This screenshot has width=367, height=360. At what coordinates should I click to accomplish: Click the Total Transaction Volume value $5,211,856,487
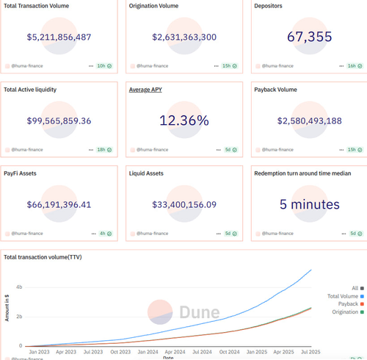click(x=59, y=37)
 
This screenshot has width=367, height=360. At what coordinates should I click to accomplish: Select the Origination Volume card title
click(x=153, y=6)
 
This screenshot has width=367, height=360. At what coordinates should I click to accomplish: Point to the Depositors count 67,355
click(x=310, y=37)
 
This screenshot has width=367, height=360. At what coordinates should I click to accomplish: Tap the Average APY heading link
click(x=145, y=90)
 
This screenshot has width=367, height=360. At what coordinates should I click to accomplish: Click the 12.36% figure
click(x=184, y=120)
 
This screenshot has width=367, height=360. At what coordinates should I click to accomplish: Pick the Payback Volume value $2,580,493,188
click(x=310, y=121)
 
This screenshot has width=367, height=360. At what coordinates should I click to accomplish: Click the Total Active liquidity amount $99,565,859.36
click(x=59, y=121)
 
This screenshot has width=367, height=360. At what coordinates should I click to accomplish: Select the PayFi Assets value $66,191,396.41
click(x=59, y=205)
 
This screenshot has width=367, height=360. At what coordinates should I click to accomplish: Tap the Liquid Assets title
click(x=146, y=173)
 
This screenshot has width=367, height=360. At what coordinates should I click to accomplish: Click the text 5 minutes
click(x=310, y=204)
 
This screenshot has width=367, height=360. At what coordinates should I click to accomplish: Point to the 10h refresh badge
click(x=104, y=66)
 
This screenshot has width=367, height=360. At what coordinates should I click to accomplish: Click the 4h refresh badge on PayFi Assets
click(x=106, y=234)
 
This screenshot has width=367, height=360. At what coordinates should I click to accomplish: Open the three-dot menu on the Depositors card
click(x=341, y=66)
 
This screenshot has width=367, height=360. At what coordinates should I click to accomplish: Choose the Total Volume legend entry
click(x=346, y=296)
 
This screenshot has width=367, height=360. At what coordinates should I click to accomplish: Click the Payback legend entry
click(x=351, y=304)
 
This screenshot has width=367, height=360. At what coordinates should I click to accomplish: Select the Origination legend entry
click(x=348, y=312)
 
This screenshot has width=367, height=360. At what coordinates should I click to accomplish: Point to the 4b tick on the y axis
click(x=19, y=287)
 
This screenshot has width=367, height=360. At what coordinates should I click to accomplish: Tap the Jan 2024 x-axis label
click(x=148, y=352)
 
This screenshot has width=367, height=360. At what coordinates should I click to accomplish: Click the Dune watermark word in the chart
click(x=200, y=312)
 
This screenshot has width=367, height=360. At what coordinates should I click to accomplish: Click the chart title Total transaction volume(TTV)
click(x=43, y=257)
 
